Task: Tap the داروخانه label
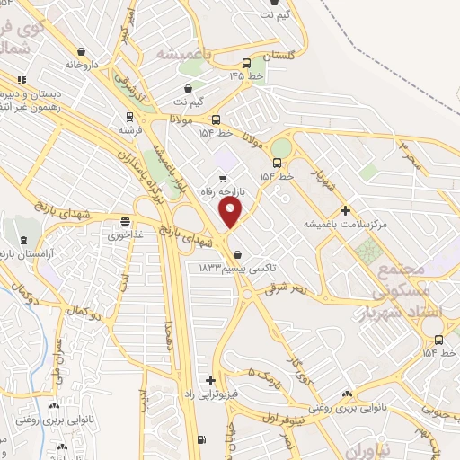(80, 65)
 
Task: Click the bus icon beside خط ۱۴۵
(246, 63)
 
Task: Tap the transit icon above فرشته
(130, 116)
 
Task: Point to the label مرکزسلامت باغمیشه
(344, 224)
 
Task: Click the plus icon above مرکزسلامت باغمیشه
(345, 210)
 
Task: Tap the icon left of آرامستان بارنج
(23, 240)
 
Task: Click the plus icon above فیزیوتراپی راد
(210, 380)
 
